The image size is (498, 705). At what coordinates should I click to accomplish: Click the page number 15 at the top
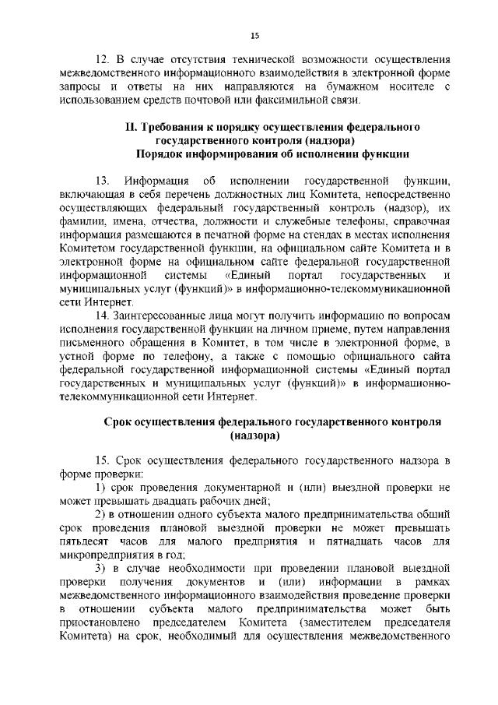[254, 36]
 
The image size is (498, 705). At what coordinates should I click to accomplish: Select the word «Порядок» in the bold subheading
[167, 153]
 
